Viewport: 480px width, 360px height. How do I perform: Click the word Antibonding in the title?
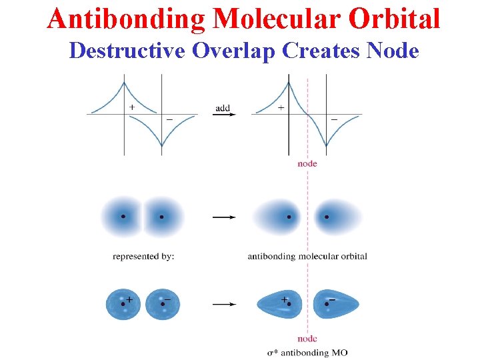(125, 19)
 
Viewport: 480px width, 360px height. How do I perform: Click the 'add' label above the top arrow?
(223, 107)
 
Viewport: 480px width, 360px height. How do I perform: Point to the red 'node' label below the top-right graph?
(307, 163)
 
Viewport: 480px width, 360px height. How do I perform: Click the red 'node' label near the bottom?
(307, 339)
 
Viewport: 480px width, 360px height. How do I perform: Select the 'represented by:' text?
(143, 256)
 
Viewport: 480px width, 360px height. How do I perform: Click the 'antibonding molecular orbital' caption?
(307, 256)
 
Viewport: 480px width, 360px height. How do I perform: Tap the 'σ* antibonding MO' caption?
(307, 352)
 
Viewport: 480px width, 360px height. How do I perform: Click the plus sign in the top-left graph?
(131, 107)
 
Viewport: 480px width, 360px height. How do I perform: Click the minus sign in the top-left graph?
(169, 120)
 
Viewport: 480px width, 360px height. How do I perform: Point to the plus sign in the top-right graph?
(281, 107)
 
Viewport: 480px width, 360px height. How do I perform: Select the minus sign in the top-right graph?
(333, 120)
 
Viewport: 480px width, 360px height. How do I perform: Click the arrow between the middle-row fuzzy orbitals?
(223, 217)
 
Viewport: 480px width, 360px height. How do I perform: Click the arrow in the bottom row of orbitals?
(223, 305)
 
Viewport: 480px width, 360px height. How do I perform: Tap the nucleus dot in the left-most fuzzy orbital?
(123, 217)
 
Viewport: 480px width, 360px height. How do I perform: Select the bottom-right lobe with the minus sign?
(335, 304)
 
